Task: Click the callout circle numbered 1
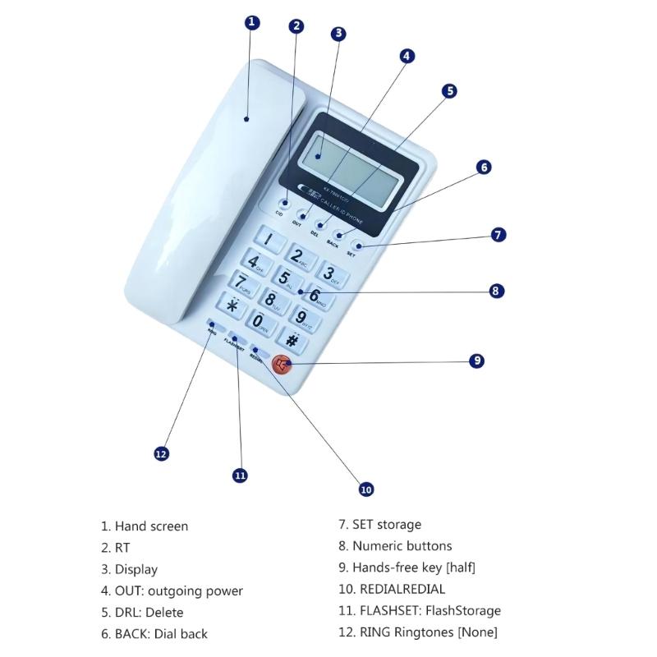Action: (x=253, y=22)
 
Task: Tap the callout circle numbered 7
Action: (x=498, y=235)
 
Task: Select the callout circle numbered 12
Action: (x=162, y=453)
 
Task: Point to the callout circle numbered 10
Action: (x=366, y=489)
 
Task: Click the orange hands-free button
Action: (x=282, y=365)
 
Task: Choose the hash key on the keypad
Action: (x=291, y=338)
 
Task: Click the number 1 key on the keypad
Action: (x=271, y=241)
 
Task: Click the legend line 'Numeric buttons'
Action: (x=394, y=546)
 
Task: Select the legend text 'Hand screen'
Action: (x=145, y=526)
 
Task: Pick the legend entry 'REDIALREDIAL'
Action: (x=391, y=590)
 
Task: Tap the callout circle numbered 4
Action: (x=407, y=56)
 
